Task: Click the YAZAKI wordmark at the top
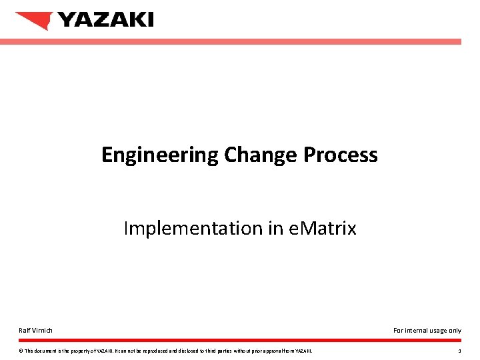coord(105,20)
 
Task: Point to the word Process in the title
coord(341,155)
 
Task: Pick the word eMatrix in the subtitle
coord(323,229)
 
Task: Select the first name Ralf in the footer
coord(24,330)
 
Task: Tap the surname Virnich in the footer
coord(42,330)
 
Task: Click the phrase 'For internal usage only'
coord(427,330)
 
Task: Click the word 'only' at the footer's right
coord(455,330)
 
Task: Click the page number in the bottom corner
coord(459,351)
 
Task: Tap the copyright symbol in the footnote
coord(21,351)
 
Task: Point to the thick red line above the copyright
coord(240,340)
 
